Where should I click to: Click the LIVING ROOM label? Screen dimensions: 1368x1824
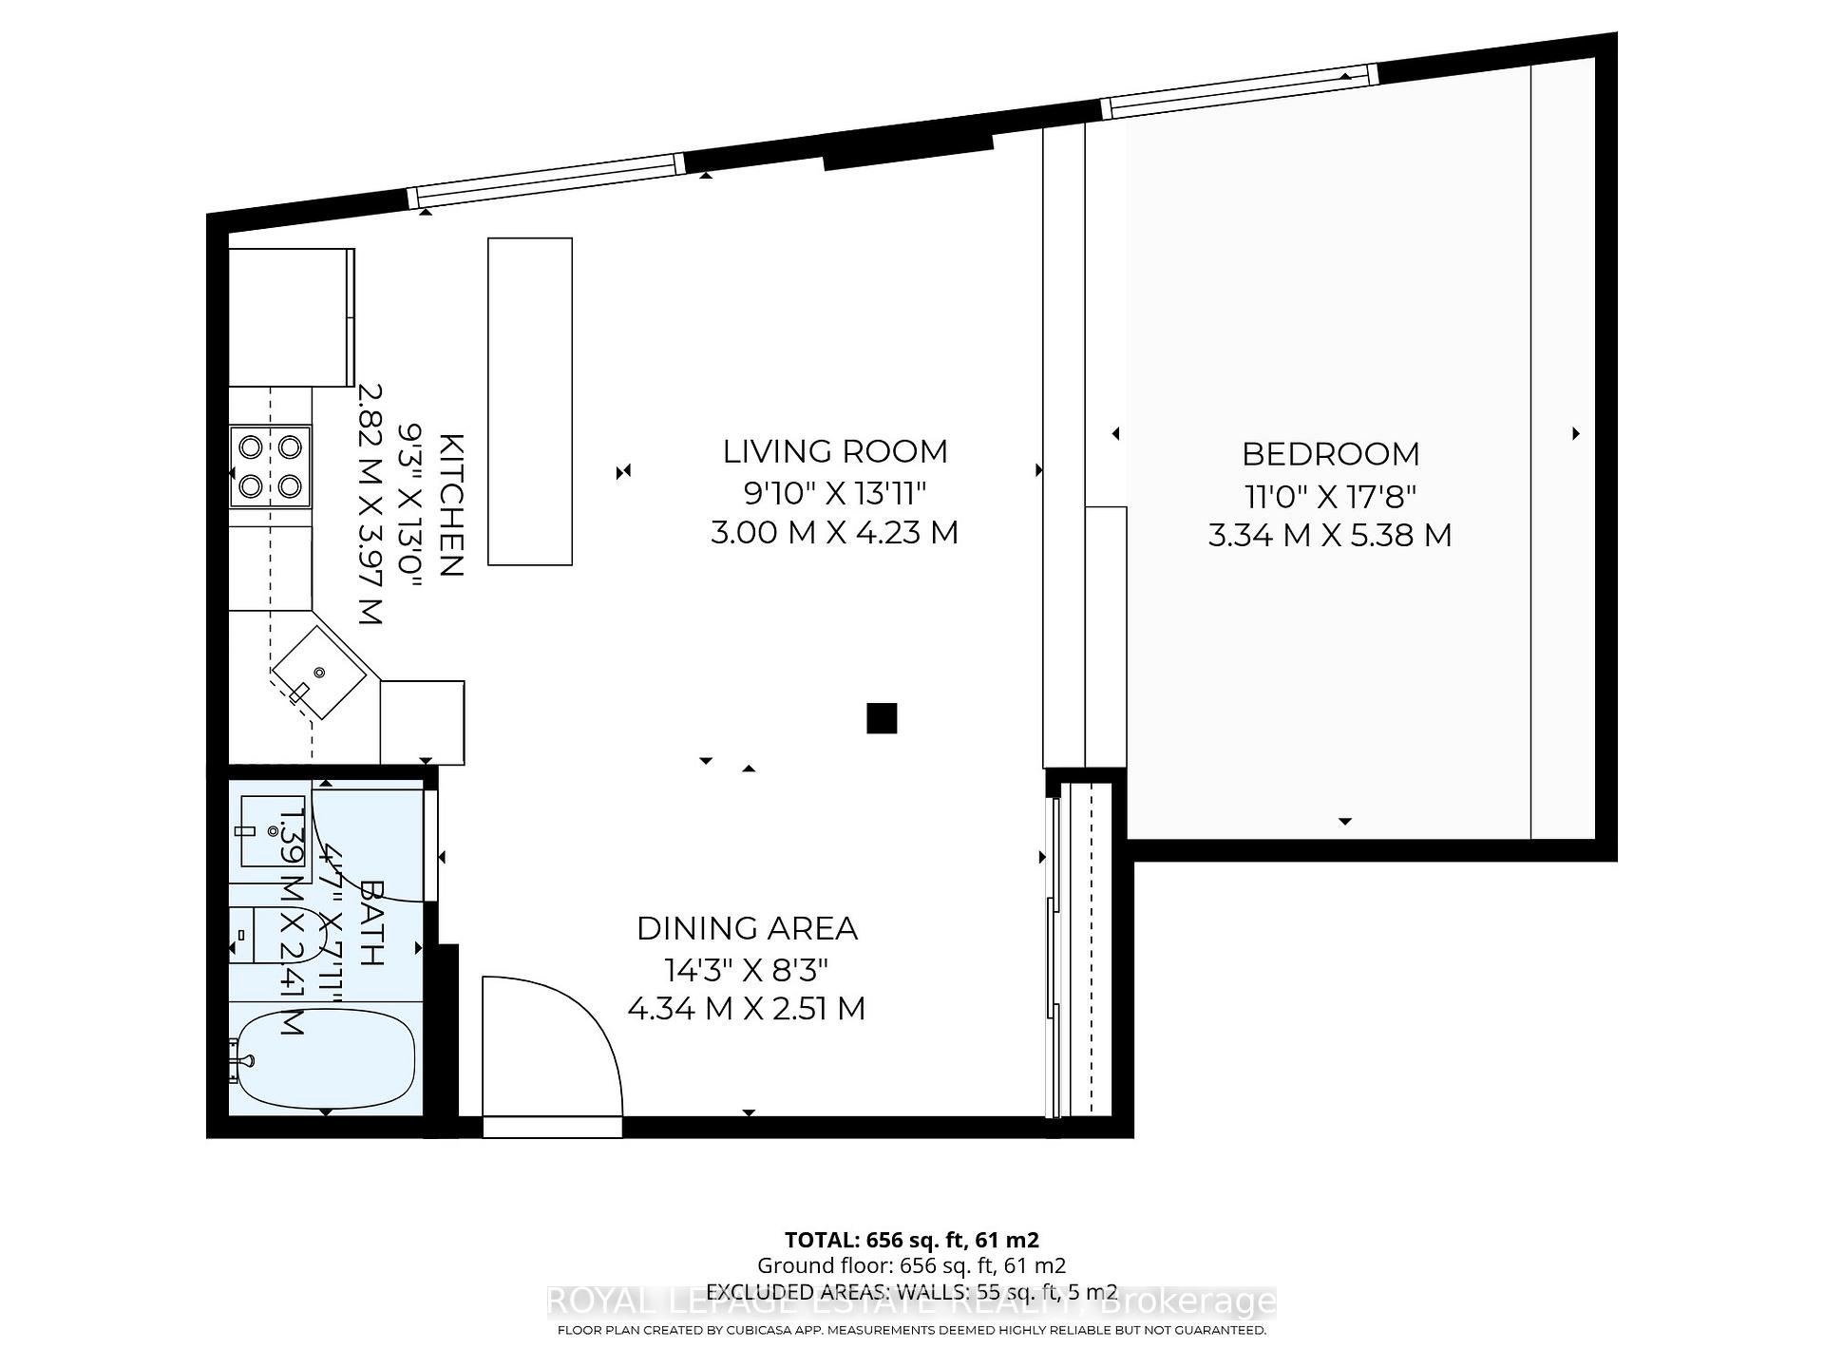(835, 451)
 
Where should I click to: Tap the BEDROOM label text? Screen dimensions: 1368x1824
(1330, 454)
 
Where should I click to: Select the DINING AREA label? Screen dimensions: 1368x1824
(747, 928)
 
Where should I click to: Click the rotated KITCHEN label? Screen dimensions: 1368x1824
(451, 504)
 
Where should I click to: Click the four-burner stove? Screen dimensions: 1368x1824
(270, 466)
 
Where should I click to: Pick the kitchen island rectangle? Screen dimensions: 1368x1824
(530, 401)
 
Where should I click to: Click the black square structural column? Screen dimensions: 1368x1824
(882, 718)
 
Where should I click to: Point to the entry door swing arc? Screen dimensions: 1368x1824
(570, 1026)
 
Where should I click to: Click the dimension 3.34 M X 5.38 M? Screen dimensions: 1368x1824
(1330, 535)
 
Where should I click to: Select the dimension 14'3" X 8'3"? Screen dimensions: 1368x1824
(747, 970)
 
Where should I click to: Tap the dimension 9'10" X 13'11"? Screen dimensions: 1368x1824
(835, 493)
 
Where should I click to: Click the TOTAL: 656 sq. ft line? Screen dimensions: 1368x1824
(912, 1240)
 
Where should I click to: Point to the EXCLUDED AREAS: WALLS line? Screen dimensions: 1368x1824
(912, 1292)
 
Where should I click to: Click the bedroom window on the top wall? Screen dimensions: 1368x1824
(1240, 92)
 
